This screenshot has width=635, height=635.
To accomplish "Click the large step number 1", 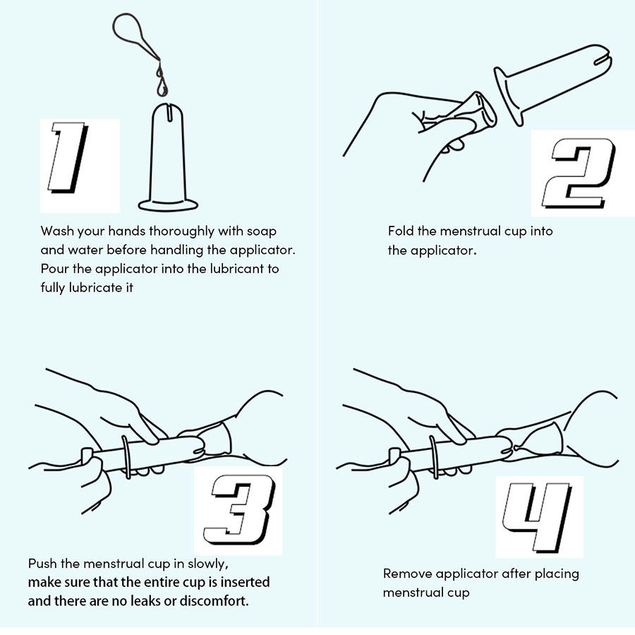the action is pos(68,157).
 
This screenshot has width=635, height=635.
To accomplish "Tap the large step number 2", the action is pos(579,174).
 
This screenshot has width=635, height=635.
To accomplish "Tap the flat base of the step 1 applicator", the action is pos(168,205).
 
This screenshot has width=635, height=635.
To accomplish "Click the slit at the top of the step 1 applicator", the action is pos(169,112).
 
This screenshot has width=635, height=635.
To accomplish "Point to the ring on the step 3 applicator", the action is pos(126,458).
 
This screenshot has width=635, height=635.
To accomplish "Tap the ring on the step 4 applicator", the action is pos(434,457).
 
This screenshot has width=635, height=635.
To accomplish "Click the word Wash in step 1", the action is pos(57,231).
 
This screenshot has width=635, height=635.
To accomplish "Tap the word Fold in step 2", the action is pos(401,231).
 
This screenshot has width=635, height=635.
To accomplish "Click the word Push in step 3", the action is pos(42,563).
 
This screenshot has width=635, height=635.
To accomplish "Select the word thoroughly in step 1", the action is pos(182,231).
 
